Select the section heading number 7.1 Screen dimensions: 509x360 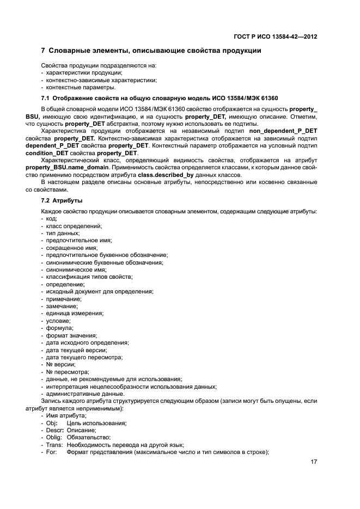47,99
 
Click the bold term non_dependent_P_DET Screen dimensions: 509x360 283,131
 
